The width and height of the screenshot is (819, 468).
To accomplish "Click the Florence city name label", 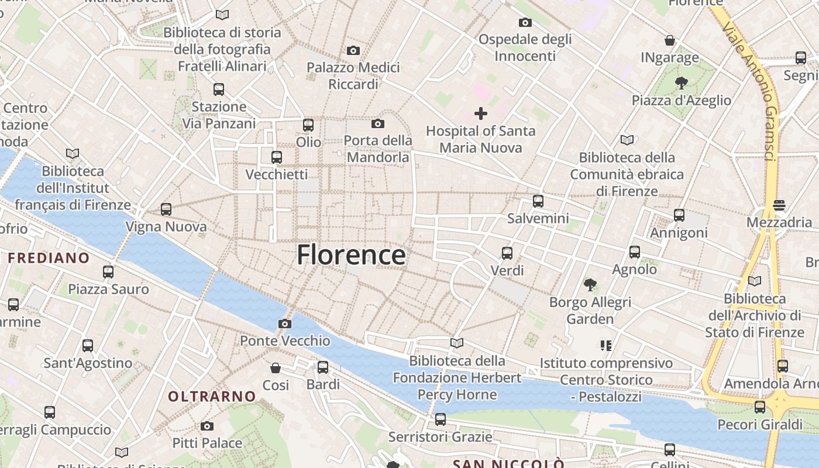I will coord(351,256).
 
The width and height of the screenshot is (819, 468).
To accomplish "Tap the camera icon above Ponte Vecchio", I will coord(285,324).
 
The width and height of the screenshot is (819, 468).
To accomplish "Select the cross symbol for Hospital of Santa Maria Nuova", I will coord(481,113).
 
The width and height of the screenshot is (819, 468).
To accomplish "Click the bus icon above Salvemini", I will coord(538,201).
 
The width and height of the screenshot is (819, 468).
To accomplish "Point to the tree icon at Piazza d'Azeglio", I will coord(681,83).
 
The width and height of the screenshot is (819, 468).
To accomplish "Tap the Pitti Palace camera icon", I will coord(207,426).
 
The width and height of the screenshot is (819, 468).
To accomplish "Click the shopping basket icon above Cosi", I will coord(276,368).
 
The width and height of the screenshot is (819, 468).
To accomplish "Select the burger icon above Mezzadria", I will coord(779,205).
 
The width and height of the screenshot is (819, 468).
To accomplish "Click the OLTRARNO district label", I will coord(212,396).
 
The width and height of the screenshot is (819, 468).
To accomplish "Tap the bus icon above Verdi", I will coord(507,253).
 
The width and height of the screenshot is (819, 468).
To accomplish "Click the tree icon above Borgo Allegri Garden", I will coord(590,285).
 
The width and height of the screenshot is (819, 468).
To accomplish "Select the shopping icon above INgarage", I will coord(670,40).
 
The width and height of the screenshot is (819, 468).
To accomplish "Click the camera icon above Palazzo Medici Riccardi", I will coord(353,51).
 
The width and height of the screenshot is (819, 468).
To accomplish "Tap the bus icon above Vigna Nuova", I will coord(166,209).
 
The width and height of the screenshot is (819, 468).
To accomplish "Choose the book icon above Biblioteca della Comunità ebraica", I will coord(627,140).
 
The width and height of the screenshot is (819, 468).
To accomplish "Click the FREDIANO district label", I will coord(49,258).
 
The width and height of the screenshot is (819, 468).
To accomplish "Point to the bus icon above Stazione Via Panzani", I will coord(219,90).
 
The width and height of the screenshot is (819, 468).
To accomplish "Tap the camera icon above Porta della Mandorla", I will coord(378,124).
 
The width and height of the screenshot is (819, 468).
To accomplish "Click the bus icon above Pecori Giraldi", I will coord(760,407).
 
